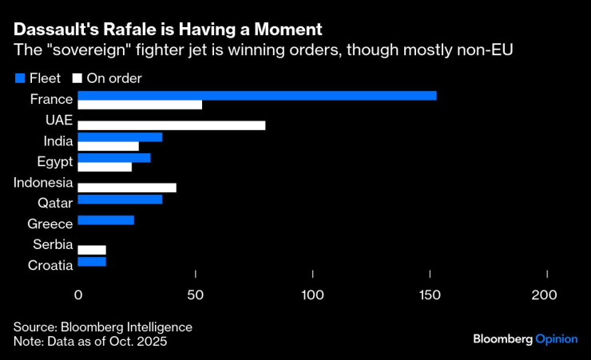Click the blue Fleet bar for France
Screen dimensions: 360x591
(257, 96)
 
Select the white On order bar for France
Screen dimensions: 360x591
(140, 105)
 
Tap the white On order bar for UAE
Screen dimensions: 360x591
(172, 125)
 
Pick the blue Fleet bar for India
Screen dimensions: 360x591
(120, 137)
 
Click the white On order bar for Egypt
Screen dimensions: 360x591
(105, 167)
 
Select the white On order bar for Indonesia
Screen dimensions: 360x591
(127, 188)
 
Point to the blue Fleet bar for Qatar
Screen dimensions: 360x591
(120, 200)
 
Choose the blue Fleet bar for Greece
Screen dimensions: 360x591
(106, 220)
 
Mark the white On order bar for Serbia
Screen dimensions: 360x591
(92, 250)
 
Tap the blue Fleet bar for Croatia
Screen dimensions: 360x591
(92, 262)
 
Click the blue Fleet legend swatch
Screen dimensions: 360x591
(20, 78)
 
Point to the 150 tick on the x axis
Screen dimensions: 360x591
(430, 295)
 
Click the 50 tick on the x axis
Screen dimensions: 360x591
(196, 295)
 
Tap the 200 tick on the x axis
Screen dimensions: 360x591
(546, 295)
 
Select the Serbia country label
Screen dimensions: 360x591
(53, 245)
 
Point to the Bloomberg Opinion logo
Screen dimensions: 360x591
(524, 338)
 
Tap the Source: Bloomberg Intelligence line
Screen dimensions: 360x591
(102, 327)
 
